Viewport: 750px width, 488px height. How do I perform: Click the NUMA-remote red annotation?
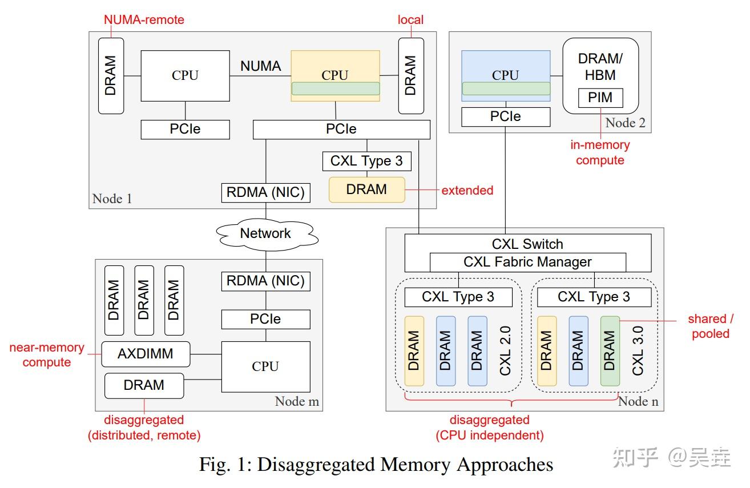(144, 20)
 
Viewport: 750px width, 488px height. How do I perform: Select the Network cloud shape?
(265, 233)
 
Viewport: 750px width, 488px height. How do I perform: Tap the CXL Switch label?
(527, 244)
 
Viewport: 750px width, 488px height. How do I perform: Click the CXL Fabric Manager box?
(527, 262)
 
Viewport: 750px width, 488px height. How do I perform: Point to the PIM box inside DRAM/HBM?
(600, 98)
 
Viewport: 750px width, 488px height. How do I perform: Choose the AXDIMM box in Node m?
(145, 354)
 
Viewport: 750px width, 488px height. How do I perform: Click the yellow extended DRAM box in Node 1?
(366, 189)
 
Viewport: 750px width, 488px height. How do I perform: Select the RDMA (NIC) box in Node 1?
(265, 192)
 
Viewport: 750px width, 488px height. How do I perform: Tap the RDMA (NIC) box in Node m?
(265, 281)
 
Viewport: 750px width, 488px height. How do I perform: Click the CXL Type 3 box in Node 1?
(366, 161)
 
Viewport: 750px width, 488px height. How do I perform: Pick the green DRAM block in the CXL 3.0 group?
(610, 351)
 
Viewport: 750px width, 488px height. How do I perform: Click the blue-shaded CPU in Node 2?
(505, 75)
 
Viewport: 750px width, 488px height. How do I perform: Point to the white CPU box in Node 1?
(185, 75)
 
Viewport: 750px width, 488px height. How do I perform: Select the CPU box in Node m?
(265, 366)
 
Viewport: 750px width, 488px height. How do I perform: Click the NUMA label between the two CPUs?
(260, 66)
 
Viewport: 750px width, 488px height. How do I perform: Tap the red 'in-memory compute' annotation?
(600, 152)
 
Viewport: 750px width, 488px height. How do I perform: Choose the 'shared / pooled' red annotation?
(710, 326)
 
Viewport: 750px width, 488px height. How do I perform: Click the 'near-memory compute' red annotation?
(47, 354)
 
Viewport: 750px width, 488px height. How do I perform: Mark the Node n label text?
(638, 401)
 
